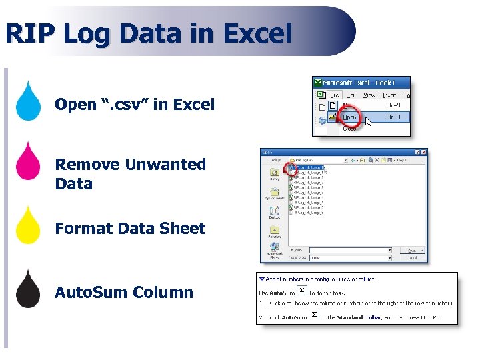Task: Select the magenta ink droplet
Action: [x=28, y=164]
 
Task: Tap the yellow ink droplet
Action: [x=28, y=227]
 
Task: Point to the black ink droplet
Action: [x=28, y=291]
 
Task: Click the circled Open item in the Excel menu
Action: [x=349, y=117]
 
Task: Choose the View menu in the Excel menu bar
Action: [x=369, y=95]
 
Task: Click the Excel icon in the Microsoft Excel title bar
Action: [x=319, y=83]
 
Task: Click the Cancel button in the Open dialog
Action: [x=412, y=257]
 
